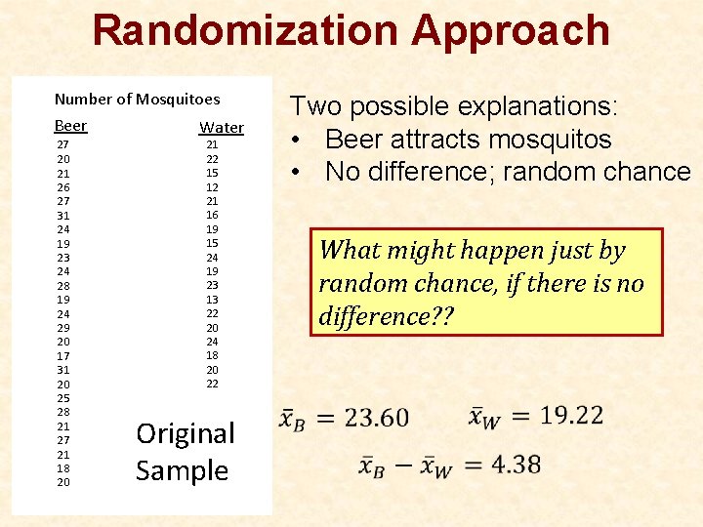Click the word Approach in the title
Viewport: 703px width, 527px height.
511,30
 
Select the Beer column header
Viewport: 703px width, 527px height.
70,126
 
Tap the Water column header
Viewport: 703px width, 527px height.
222,128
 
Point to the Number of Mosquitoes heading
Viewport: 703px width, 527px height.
137,99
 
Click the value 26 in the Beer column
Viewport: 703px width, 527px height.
63,187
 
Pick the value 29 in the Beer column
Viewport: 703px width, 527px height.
63,328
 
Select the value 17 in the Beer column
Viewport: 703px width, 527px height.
63,356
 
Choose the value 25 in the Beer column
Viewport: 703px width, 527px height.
63,398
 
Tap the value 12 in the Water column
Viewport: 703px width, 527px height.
212,186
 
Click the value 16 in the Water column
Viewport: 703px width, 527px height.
212,215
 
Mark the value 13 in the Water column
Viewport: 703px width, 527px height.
212,300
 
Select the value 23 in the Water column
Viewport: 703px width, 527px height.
212,285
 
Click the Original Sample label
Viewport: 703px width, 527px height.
185,452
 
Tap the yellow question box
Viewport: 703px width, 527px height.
486,282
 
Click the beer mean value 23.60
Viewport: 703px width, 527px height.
376,418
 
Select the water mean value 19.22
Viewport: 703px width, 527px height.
571,415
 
